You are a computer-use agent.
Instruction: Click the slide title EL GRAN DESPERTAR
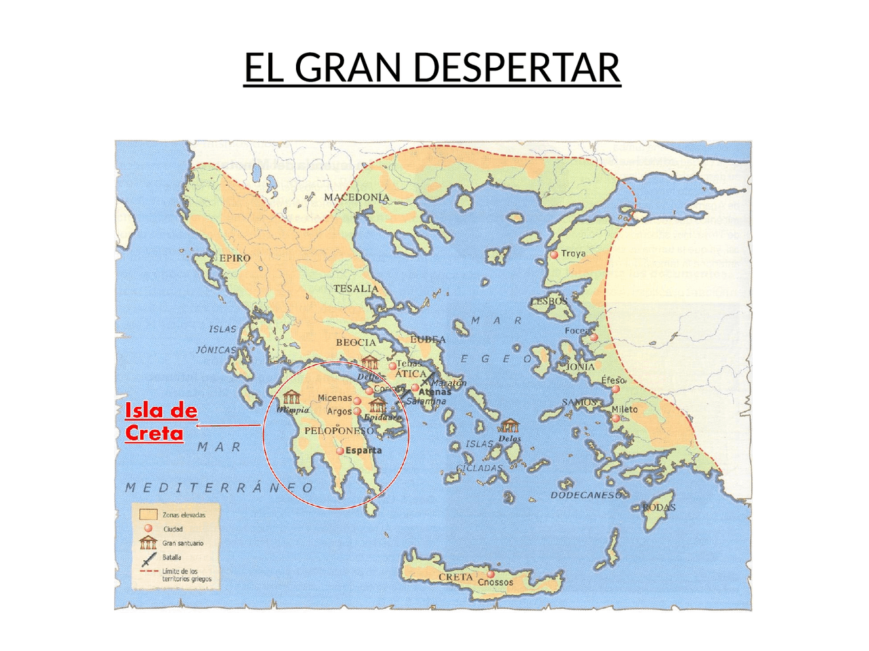coord(432,67)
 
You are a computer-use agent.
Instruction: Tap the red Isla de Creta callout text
coord(160,421)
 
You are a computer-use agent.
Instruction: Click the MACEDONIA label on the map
coord(356,197)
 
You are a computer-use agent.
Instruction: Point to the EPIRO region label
coord(235,258)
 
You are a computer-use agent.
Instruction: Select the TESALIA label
coord(356,288)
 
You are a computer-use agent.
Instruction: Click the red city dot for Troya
coord(554,254)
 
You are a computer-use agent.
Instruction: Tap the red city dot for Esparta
coord(340,451)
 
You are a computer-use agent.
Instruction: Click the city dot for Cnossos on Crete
coord(490,574)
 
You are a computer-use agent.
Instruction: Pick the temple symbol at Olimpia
coord(292,397)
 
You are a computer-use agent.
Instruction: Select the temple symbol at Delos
coord(510,427)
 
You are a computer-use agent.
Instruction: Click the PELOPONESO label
coord(339,431)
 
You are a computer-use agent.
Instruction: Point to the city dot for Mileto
coord(615,418)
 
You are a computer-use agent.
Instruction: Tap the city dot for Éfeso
coord(616,389)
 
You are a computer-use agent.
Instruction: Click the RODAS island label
coord(659,507)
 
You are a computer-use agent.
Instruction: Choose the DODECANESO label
coord(585,495)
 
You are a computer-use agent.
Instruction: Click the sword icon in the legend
coord(148,559)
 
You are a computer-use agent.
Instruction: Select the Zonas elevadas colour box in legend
coord(148,515)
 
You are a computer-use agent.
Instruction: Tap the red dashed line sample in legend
coord(148,572)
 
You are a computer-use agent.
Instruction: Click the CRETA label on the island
coord(456,577)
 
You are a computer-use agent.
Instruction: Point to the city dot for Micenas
coord(357,400)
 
